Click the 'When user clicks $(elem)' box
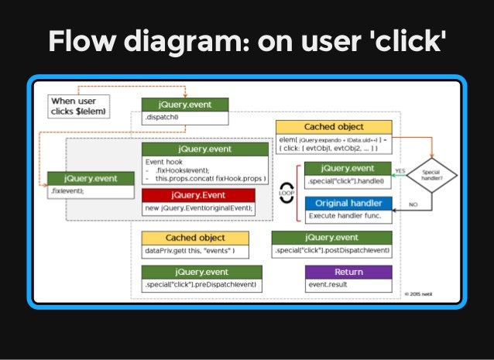78,106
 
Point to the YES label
400,171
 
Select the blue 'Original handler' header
348,204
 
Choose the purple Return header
348,272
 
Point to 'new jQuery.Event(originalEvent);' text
199,207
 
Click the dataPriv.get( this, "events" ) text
190,251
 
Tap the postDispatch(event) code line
331,251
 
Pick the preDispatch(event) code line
201,285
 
